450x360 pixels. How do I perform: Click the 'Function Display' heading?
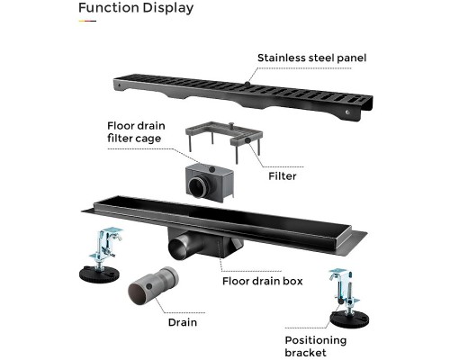136,8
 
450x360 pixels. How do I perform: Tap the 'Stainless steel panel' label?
312,58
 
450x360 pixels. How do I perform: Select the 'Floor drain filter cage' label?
136,132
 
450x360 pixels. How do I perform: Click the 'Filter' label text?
283,176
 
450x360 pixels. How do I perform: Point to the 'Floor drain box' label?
263,281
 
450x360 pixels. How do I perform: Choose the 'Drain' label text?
183,322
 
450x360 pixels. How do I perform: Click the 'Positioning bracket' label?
316,346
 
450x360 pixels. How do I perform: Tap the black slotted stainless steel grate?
243,96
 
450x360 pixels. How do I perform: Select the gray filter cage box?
210,183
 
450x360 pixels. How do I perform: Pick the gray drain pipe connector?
153,285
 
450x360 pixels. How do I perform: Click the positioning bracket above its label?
349,299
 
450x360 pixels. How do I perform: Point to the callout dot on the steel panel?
247,84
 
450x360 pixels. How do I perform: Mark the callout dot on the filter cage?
212,169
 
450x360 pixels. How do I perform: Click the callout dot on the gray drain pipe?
149,286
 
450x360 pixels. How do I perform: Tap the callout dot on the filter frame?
247,140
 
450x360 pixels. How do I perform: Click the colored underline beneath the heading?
87,21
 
